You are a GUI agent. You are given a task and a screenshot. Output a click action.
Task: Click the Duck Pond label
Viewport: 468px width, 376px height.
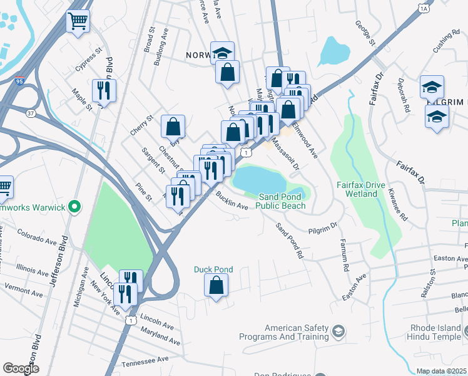(x=213, y=269)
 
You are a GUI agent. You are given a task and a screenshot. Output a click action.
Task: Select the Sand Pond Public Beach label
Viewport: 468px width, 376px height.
(x=283, y=201)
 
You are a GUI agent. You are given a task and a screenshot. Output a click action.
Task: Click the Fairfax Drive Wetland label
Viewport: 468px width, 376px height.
(x=357, y=189)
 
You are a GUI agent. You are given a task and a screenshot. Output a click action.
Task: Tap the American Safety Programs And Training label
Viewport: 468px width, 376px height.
(x=297, y=332)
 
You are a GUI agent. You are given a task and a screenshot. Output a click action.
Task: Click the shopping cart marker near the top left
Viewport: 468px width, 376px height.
(x=78, y=21)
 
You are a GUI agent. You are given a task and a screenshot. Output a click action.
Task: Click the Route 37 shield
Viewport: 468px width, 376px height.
(x=31, y=113)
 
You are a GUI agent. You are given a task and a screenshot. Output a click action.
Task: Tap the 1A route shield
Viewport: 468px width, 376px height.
(x=424, y=9)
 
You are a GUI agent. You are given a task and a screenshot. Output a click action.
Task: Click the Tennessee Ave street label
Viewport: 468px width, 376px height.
(x=145, y=361)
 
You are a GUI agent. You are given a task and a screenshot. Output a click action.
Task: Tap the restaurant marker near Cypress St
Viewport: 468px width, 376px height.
(x=103, y=91)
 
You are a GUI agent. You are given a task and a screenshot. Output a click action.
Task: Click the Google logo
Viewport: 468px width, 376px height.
(x=21, y=368)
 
